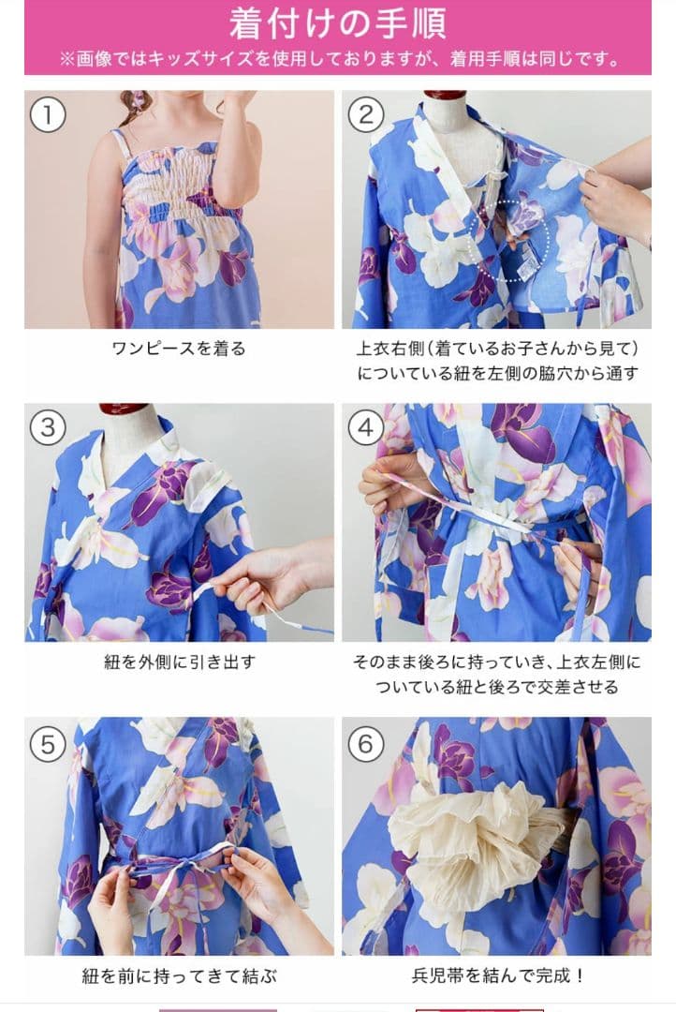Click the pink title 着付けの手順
click(337, 23)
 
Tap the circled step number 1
click(48, 115)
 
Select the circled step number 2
click(366, 115)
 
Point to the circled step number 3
click(48, 428)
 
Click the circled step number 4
click(366, 428)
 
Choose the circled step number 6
click(366, 744)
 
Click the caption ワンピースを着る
click(179, 350)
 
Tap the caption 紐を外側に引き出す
click(180, 662)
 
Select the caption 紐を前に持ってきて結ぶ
click(180, 975)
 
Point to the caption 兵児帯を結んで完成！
click(498, 975)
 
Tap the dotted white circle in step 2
click(509, 240)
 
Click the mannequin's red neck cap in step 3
click(125, 409)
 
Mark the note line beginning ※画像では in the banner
click(339, 59)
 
